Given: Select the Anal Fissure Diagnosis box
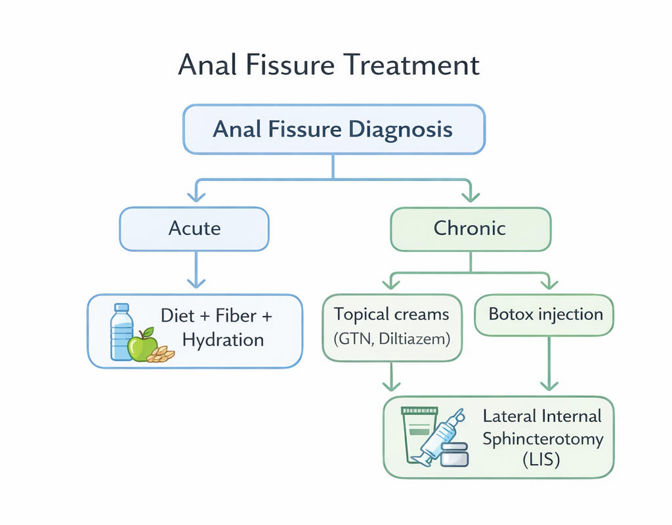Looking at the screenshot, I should (333, 129).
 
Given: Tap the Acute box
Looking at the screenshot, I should (194, 228).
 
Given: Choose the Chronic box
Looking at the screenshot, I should (470, 228).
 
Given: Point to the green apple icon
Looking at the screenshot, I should (142, 345).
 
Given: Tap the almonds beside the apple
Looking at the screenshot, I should (161, 354).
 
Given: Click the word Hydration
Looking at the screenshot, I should (223, 340).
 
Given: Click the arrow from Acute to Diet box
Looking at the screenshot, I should (194, 270).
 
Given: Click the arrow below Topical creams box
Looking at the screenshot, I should (391, 377).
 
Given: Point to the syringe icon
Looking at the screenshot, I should (442, 434).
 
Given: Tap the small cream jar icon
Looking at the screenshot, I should (454, 454).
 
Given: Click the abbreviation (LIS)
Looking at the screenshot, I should (541, 461).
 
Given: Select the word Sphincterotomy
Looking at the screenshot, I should (542, 438).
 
